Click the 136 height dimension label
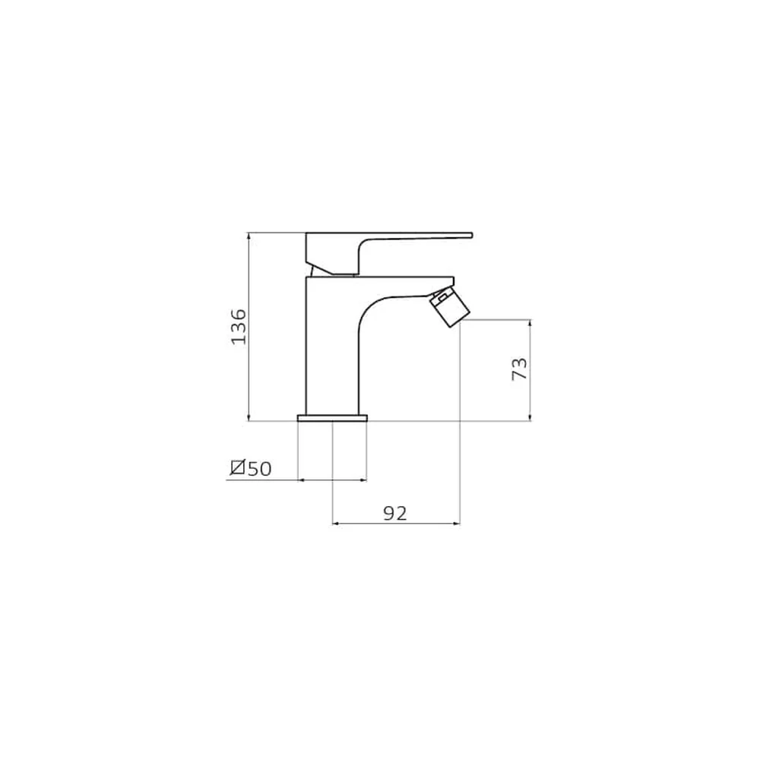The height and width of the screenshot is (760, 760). click(239, 327)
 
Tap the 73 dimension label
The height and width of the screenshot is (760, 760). click(519, 369)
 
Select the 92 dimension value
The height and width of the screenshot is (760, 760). click(395, 513)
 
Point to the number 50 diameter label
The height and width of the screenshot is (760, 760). click(260, 469)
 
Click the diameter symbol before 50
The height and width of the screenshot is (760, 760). click(237, 467)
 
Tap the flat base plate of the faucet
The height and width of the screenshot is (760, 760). click(333, 418)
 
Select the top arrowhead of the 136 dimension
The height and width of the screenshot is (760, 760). click(249, 236)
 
